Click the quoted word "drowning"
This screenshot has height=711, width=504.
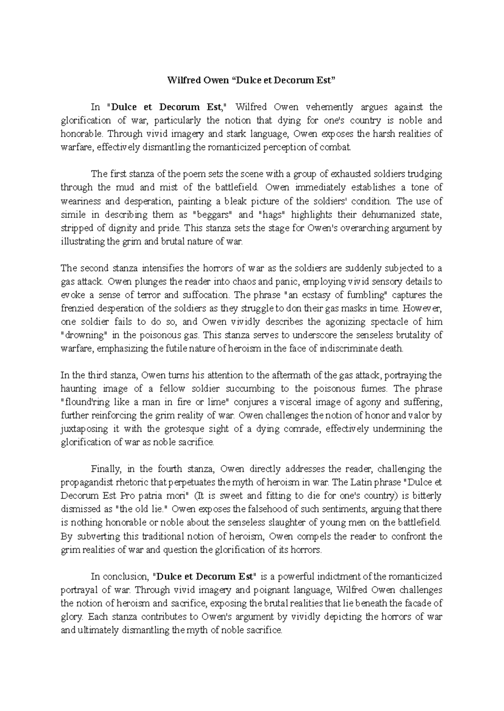84,335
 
